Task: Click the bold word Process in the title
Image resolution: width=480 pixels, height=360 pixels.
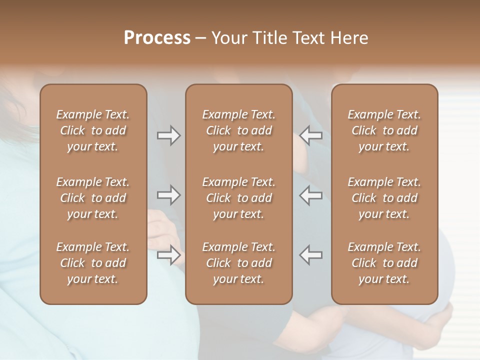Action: [x=157, y=38]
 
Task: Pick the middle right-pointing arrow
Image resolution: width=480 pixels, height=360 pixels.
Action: [x=169, y=195]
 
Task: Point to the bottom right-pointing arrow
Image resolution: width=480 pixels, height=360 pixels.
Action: [x=169, y=255]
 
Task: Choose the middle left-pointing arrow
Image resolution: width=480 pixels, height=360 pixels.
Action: [x=311, y=195]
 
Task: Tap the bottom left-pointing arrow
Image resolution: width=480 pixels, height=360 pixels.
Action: [x=311, y=255]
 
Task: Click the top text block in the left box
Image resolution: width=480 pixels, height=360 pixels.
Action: [x=93, y=130]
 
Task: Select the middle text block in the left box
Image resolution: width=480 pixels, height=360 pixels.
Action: [x=93, y=198]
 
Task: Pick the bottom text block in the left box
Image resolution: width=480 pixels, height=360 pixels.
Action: [x=93, y=263]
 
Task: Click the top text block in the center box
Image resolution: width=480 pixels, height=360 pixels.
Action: [x=238, y=130]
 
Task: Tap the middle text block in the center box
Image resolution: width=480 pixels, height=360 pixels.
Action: [x=238, y=198]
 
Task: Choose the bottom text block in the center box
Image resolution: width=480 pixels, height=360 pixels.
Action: [x=238, y=263]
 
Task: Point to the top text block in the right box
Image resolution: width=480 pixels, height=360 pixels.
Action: [x=384, y=130]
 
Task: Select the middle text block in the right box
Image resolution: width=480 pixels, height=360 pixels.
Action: [x=384, y=198]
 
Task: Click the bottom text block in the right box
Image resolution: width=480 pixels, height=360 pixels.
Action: [x=384, y=263]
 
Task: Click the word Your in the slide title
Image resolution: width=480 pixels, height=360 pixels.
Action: [x=227, y=38]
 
